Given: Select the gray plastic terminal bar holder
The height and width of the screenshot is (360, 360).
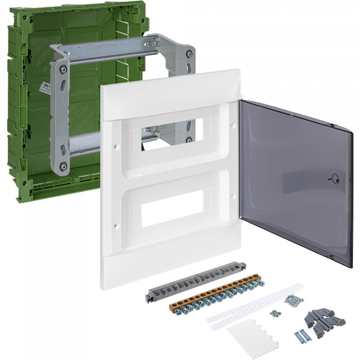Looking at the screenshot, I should [174, 285].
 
